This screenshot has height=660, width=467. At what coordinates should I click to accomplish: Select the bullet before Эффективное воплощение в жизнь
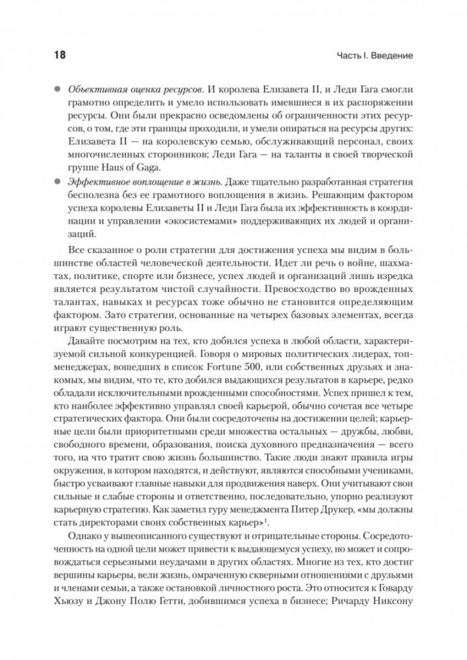[57, 181]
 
